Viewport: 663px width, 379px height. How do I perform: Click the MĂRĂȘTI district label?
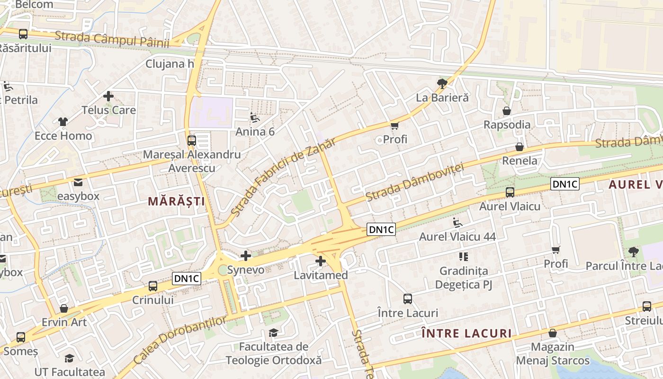click(x=176, y=201)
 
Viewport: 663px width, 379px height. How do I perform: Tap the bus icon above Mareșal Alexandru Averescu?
click(x=191, y=140)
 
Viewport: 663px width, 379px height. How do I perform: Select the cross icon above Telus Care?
click(x=108, y=96)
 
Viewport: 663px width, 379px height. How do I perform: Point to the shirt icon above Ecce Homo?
click(x=63, y=122)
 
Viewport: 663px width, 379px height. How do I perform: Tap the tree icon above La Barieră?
click(x=442, y=84)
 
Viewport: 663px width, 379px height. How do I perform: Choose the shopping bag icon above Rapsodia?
click(x=507, y=111)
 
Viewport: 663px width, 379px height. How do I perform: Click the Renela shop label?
click(x=520, y=161)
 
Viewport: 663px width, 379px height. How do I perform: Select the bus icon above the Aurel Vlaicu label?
click(x=510, y=192)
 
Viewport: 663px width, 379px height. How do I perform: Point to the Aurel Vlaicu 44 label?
click(x=457, y=236)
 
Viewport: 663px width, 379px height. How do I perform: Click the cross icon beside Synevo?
click(x=246, y=256)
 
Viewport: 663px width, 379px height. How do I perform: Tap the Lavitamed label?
click(x=321, y=275)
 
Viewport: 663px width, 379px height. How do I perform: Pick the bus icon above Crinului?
click(x=152, y=286)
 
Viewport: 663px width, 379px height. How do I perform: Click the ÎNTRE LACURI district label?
click(x=466, y=334)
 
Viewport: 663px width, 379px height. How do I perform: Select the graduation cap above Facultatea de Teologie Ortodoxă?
click(x=273, y=333)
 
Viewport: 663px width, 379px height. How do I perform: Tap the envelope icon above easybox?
click(x=78, y=182)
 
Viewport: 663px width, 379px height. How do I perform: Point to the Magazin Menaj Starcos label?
click(x=553, y=354)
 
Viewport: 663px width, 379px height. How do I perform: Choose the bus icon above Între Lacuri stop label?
click(x=408, y=299)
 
